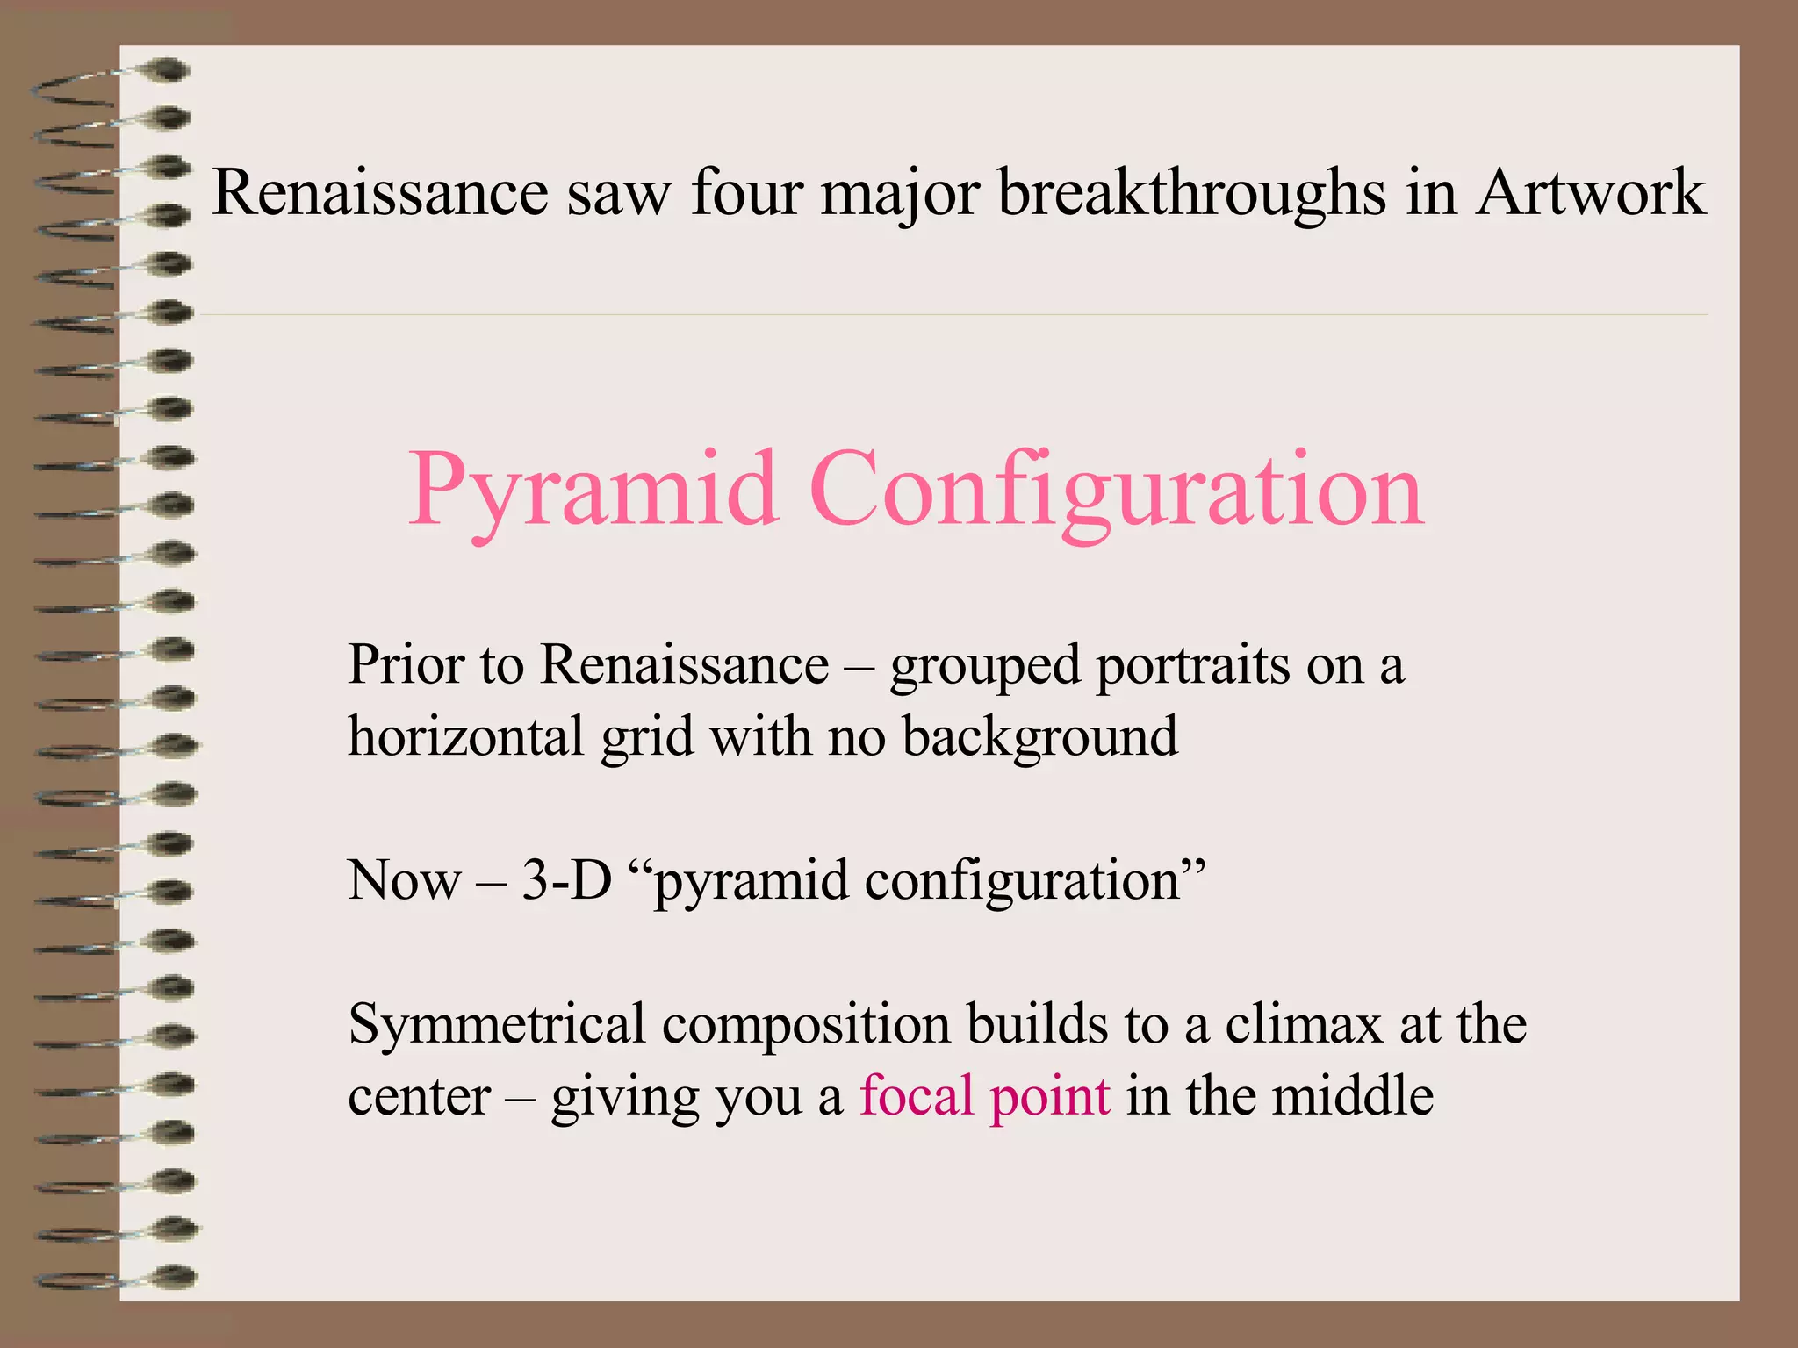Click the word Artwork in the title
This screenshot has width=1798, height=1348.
1590,192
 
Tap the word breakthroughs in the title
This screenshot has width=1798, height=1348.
1191,192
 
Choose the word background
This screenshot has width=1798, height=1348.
1040,737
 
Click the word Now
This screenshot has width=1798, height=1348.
404,879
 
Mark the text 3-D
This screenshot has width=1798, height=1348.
566,879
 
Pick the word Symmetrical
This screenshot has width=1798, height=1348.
497,1025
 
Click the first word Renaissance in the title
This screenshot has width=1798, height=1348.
380,192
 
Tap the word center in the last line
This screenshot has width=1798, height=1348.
419,1097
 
